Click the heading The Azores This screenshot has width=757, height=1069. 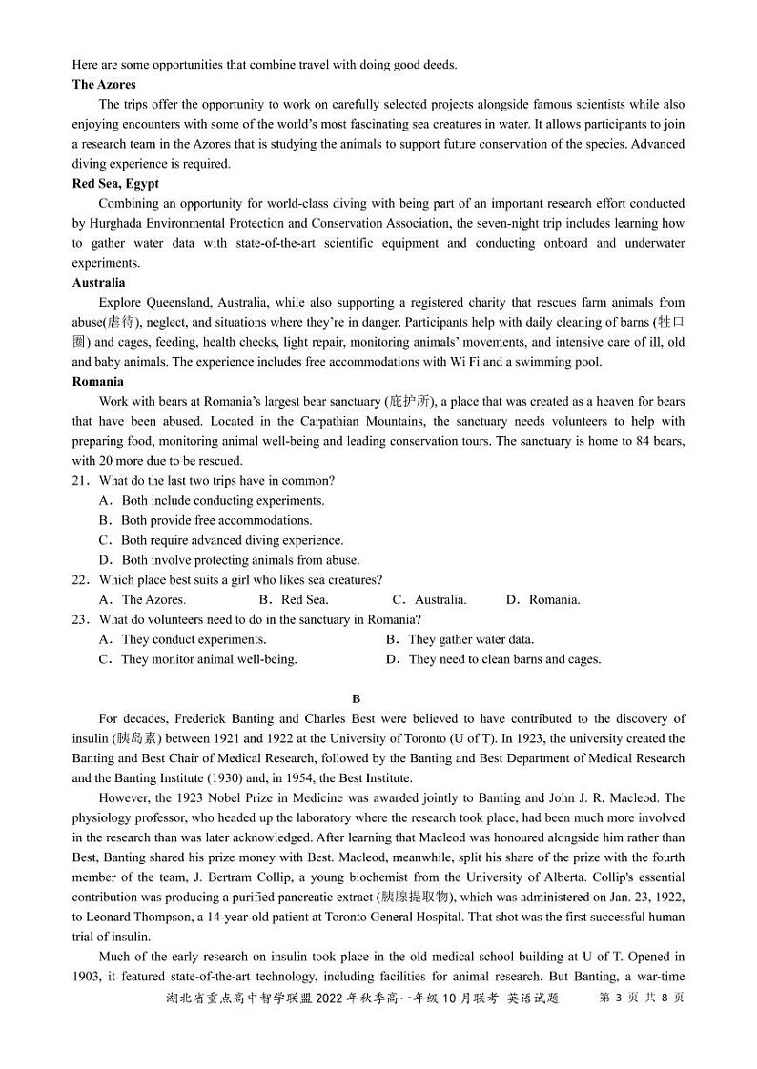(x=104, y=85)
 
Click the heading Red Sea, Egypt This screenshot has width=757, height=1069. (x=115, y=184)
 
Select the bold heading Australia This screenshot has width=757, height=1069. (x=98, y=283)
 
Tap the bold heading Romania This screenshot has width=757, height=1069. (x=97, y=382)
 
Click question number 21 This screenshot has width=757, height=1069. (x=80, y=481)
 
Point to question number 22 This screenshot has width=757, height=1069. (x=80, y=580)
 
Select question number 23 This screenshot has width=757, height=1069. (x=80, y=620)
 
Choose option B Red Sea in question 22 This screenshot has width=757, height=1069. (x=294, y=600)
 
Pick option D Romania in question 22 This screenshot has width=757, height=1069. (x=542, y=600)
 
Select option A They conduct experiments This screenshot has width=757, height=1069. (x=183, y=640)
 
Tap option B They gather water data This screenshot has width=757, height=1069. (x=460, y=640)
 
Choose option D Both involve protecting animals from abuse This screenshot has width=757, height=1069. (x=230, y=561)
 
